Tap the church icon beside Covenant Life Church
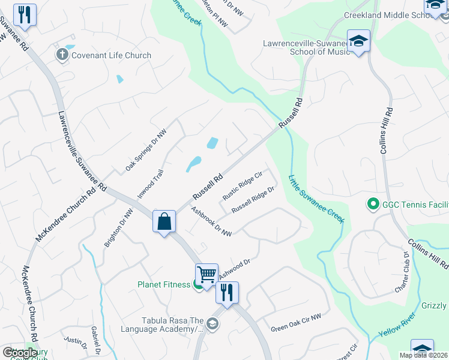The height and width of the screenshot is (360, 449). pos(61,55)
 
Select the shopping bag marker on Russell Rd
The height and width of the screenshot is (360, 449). pos(164,222)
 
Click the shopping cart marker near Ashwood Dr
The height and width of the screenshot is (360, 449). pos(206,275)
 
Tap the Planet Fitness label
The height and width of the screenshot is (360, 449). pos(164,284)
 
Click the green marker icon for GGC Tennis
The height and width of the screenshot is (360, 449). pos(373,205)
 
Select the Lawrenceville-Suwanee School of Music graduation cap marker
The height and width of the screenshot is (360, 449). pos(358,41)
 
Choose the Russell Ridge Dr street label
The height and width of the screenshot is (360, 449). pos(253,199)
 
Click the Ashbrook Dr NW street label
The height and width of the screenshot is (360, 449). pos(211,222)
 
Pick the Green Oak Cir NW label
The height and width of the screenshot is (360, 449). pos(296,323)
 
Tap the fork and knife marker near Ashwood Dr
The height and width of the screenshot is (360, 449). pos(227,293)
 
